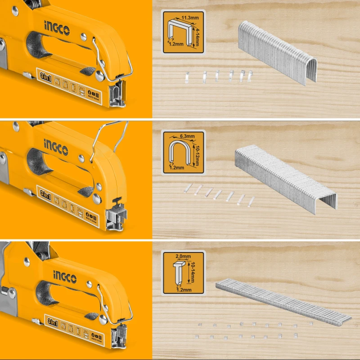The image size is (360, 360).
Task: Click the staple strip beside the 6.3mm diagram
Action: (x=285, y=178)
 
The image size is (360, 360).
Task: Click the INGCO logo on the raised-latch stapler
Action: (x=57, y=144)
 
